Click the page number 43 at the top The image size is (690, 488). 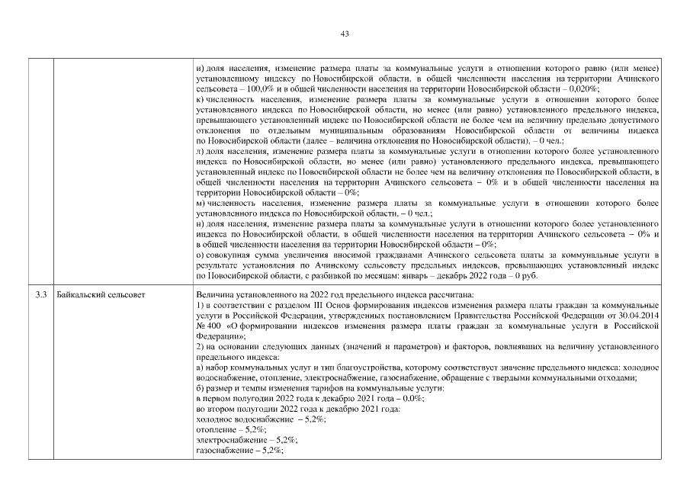(345, 34)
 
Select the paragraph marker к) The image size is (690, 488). (200, 100)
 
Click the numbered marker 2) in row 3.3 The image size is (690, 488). (201, 347)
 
